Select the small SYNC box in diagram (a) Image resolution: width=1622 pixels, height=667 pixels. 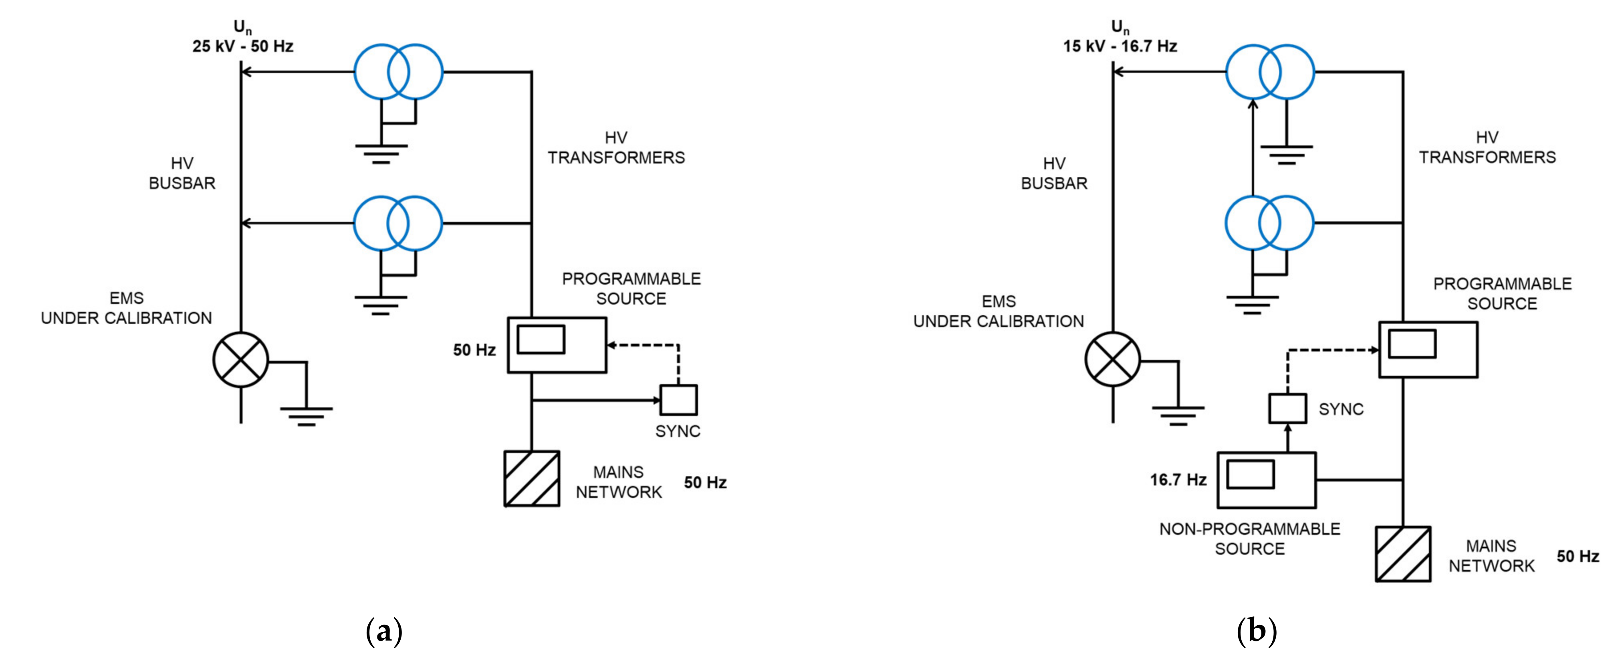pyautogui.click(x=678, y=400)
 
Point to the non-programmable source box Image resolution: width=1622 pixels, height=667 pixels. pyautogui.click(x=1266, y=480)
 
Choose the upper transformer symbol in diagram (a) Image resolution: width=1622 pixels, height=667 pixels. pyautogui.click(x=398, y=72)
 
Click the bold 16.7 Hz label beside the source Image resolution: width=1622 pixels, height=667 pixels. pyautogui.click(x=1178, y=480)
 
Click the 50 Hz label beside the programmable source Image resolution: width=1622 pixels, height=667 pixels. pyautogui.click(x=474, y=350)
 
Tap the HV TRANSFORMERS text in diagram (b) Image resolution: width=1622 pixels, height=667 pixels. pyautogui.click(x=1487, y=148)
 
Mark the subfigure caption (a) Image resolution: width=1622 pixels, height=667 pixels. pyautogui.click(x=383, y=631)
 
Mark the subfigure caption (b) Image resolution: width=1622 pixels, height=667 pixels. pyautogui.click(x=1256, y=631)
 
